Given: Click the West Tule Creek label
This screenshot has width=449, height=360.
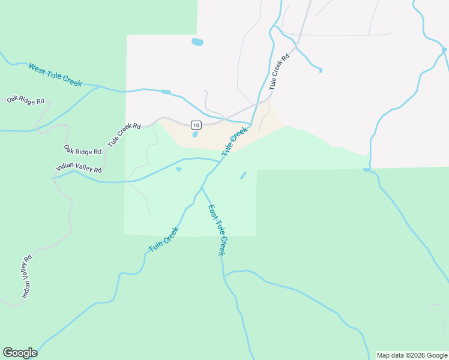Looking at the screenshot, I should (x=55, y=74).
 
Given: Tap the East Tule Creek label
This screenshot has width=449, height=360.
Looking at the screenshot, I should (x=217, y=230).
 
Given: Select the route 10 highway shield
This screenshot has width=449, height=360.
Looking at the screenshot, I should (x=196, y=125).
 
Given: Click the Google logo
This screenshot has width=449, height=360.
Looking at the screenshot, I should (x=20, y=353).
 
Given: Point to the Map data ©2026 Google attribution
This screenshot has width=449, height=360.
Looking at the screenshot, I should (x=412, y=355).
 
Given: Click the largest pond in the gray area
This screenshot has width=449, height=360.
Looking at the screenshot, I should (x=197, y=42).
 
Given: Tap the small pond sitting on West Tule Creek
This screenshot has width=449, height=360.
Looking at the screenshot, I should (x=166, y=92).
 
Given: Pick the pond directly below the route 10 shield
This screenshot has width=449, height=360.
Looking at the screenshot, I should (x=195, y=134).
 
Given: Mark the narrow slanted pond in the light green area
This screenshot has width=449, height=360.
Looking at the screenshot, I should (x=243, y=175).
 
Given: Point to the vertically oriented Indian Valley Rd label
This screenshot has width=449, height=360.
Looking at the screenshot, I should (x=26, y=277).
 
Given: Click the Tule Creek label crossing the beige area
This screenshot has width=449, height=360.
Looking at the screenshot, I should (x=234, y=141).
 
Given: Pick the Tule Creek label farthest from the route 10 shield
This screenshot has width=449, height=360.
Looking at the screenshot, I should (x=163, y=239).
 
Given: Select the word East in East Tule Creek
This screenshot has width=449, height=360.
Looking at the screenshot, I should (x=212, y=214).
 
